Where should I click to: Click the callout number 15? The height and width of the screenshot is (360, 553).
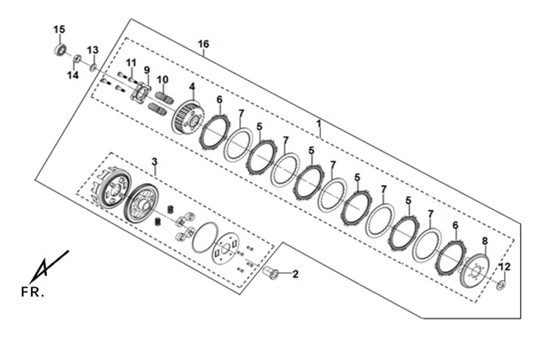coord(59,29)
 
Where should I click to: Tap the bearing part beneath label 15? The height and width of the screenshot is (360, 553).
coord(61,49)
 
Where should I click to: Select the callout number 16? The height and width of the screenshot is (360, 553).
coord(203,44)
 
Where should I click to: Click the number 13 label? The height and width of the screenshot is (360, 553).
coord(93,50)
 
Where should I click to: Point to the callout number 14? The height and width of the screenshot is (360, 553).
coord(73,75)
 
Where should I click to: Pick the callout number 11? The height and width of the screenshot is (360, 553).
coord(131,63)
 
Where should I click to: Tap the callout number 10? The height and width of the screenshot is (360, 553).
coord(162,80)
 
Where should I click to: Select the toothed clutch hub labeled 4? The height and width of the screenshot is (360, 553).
coord(188,116)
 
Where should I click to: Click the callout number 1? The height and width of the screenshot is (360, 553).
coord(319,124)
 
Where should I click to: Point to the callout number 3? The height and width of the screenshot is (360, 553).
coord(154,162)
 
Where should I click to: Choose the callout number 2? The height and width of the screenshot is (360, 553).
coord(295,274)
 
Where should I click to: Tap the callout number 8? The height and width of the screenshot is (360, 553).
coord(485,241)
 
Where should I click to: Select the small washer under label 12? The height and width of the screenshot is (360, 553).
coord(500,284)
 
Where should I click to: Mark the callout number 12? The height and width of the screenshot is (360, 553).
coord(505,267)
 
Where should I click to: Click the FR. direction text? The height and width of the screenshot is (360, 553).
coord(32,292)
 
